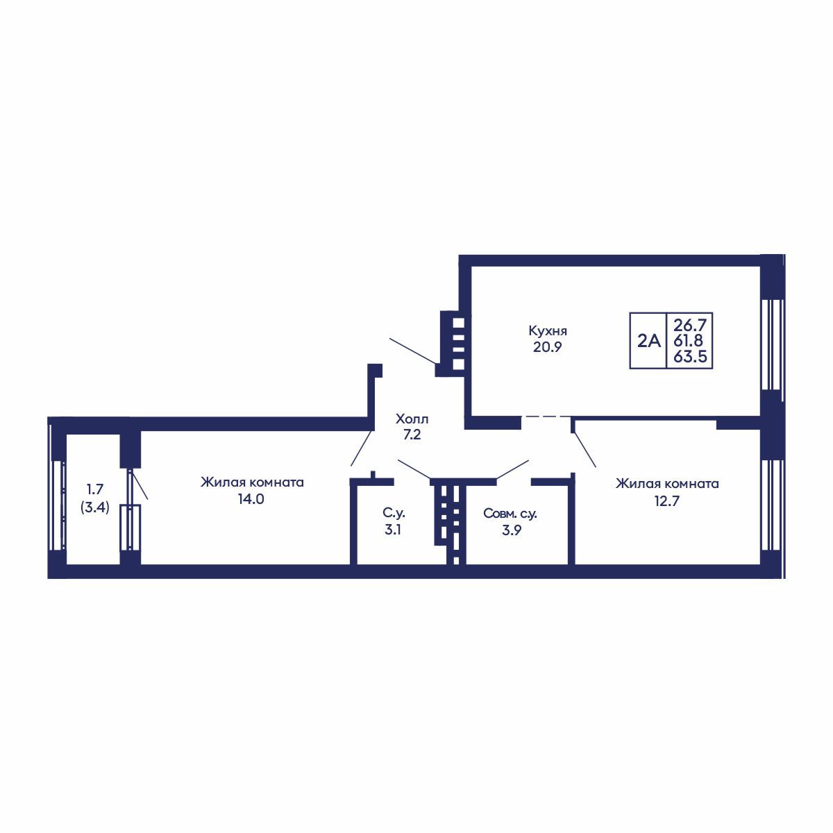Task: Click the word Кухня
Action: coord(548,332)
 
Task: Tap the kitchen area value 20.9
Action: coord(547,347)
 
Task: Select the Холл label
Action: coord(412,419)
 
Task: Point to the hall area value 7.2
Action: coord(412,435)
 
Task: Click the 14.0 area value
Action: coord(251,499)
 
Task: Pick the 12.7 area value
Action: coord(667,500)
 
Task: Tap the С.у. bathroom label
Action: coord(394,514)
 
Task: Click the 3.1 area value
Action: coord(392,530)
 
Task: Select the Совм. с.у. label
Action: coord(510,514)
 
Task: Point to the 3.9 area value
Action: coord(512,530)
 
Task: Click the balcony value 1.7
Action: coord(95,489)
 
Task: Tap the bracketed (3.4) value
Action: coord(95,507)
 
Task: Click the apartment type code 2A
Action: coord(649,342)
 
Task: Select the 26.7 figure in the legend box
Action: coord(689,323)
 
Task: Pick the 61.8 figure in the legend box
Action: coord(689,340)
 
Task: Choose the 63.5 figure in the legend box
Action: coord(690,357)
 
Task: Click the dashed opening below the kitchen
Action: coord(546,416)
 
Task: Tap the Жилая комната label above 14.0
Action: coord(252,482)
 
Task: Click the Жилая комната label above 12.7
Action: coord(667,484)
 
